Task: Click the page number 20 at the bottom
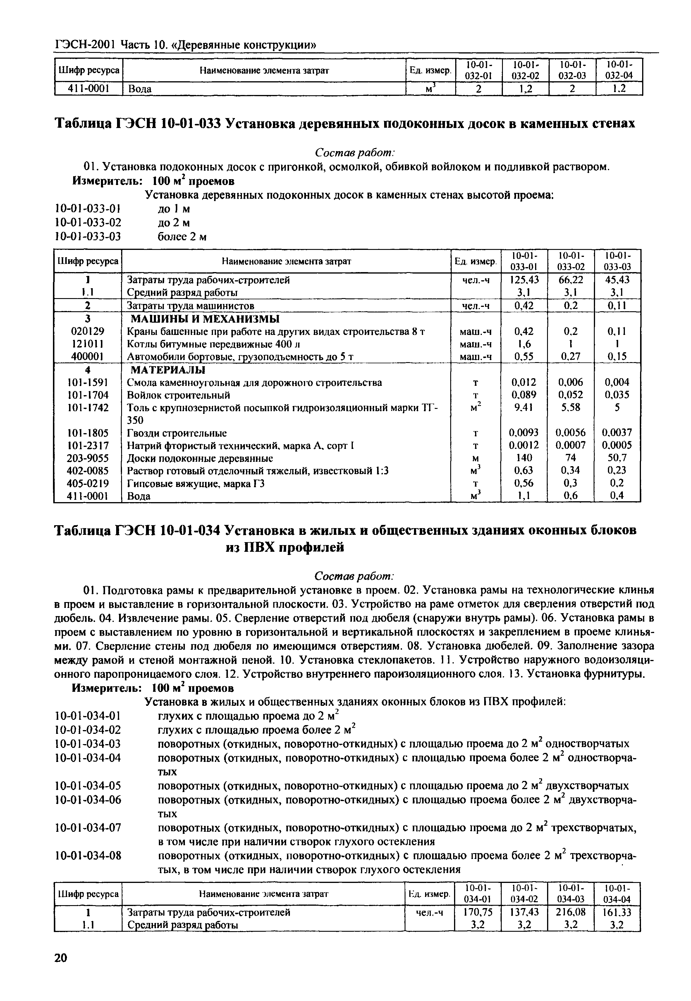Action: [x=61, y=957]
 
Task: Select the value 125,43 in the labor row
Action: [x=524, y=280]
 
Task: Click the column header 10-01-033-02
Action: [x=571, y=261]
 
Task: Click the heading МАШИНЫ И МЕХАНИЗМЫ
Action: [x=205, y=319]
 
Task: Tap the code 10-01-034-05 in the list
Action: [x=88, y=785]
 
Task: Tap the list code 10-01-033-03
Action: [x=88, y=237]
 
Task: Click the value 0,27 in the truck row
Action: [x=571, y=357]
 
